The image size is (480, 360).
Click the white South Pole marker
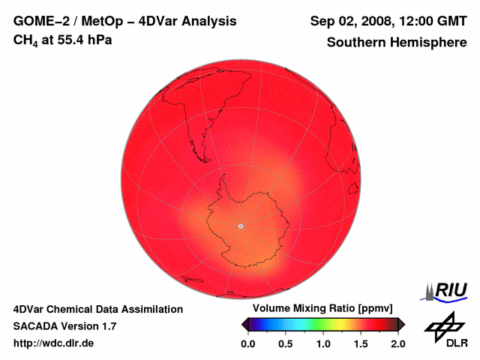[240, 226]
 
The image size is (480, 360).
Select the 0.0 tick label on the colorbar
[247, 343]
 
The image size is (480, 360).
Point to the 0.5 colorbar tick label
[285, 343]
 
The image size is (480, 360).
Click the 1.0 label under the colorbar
[322, 343]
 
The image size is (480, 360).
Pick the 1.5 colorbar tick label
[360, 343]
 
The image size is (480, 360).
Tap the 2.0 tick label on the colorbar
[397, 343]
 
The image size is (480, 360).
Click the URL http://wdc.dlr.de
[54, 343]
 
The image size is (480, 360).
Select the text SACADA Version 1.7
[64, 326]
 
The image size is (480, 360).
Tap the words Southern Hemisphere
[396, 42]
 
